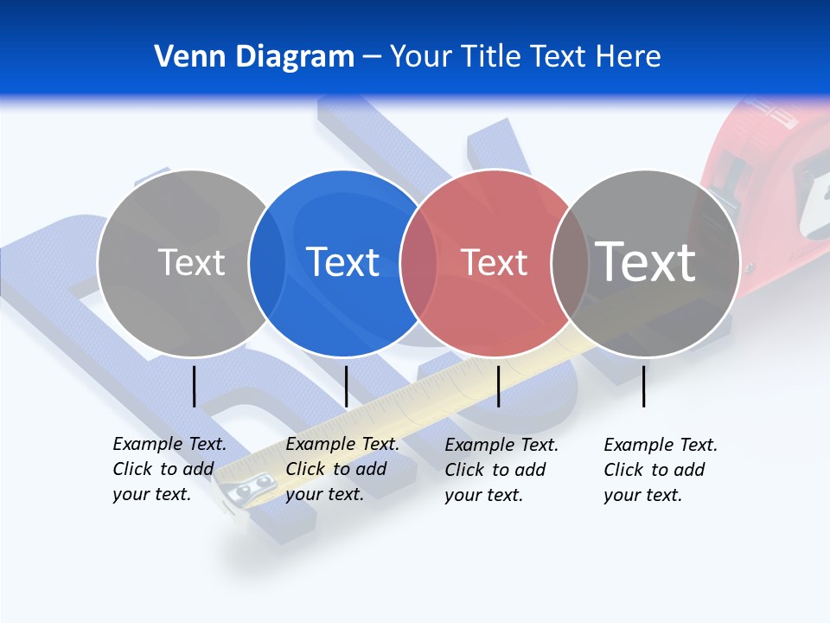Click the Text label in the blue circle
343,262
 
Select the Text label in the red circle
495,262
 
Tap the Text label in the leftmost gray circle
192,262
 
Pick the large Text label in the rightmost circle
646,261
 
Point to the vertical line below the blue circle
346,386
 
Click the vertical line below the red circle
498,386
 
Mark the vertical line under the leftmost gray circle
195,386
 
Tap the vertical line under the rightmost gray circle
644,386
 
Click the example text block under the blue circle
342,469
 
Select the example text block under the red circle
501,470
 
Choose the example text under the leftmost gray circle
169,469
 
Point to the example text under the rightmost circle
661,470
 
